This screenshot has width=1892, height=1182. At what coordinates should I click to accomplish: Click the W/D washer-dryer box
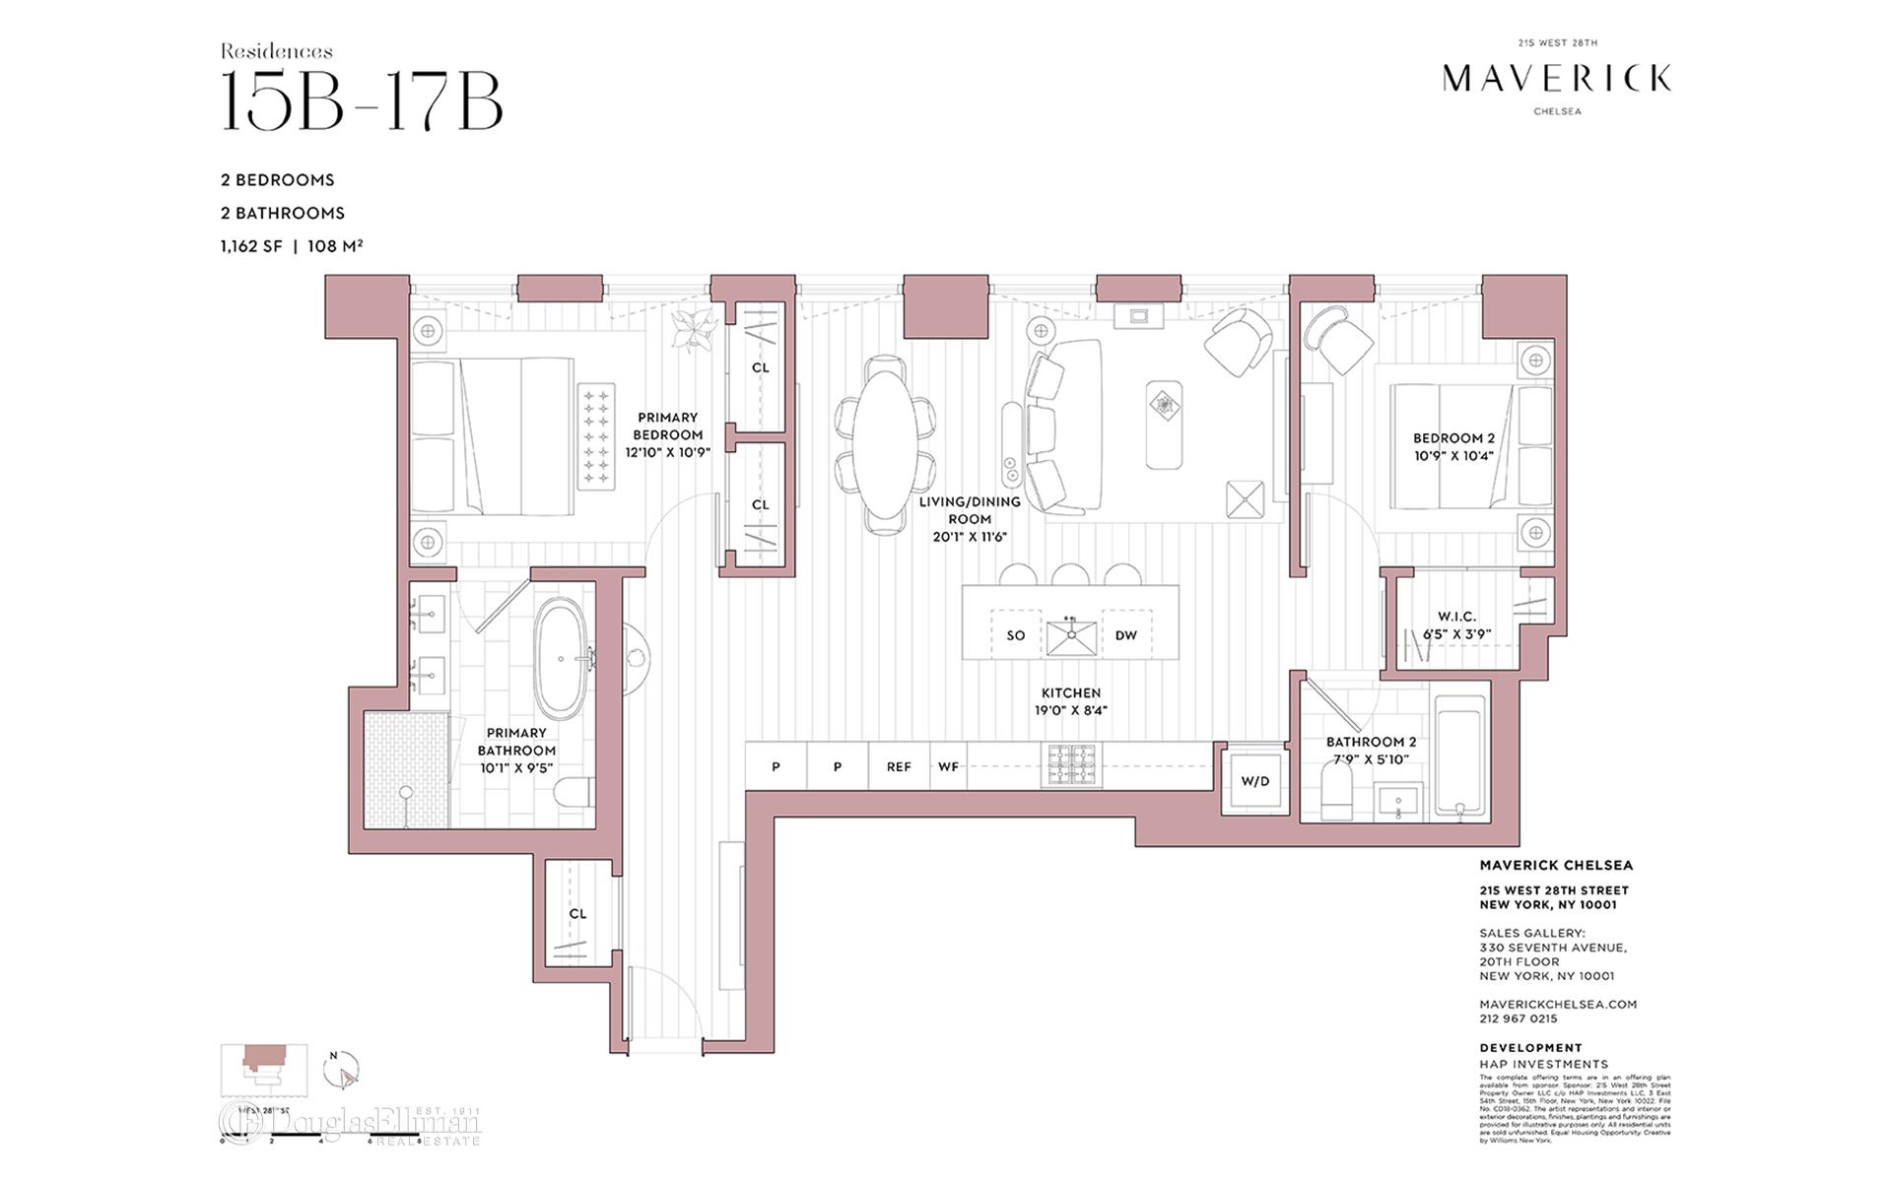click(1254, 781)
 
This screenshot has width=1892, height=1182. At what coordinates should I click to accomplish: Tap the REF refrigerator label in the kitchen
click(899, 766)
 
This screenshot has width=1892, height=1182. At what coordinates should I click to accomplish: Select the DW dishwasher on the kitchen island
click(1126, 635)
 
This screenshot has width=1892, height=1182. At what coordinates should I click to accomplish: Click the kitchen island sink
click(1071, 636)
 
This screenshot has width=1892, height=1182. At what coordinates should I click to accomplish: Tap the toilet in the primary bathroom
click(574, 792)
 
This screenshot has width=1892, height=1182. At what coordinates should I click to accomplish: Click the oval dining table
click(881, 444)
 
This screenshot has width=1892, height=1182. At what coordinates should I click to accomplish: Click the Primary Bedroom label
click(667, 426)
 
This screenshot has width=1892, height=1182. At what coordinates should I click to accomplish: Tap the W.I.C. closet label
click(1456, 617)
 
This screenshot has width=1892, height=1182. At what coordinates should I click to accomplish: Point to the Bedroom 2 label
click(1453, 438)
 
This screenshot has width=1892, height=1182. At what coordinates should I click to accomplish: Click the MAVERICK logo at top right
click(1557, 79)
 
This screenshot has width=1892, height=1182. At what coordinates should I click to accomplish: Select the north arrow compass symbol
click(341, 1070)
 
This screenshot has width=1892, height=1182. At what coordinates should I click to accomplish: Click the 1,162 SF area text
click(251, 245)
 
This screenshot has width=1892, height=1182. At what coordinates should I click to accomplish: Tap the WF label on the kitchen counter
click(948, 766)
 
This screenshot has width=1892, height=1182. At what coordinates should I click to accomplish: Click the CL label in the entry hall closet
click(577, 913)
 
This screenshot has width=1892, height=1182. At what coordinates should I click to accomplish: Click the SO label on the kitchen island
click(1016, 635)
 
